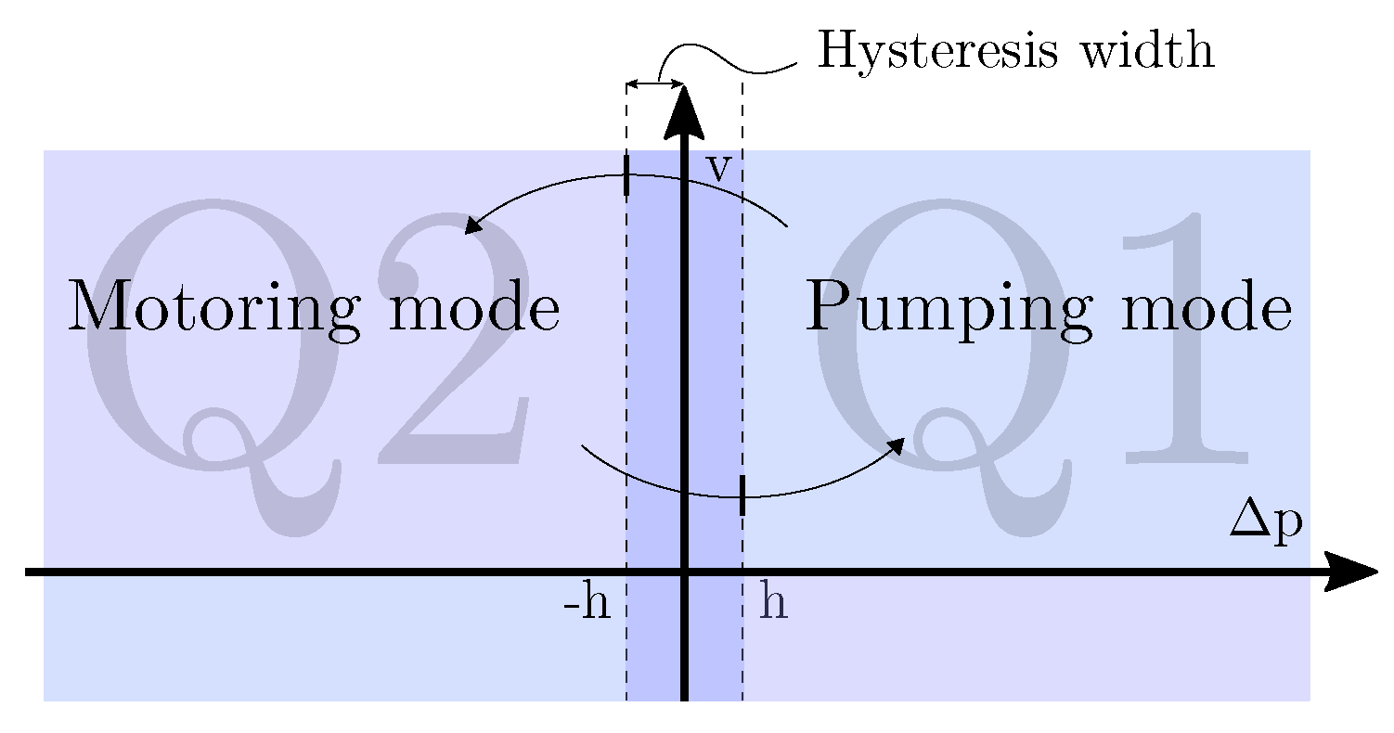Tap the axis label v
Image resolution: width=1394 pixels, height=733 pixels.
[717, 170]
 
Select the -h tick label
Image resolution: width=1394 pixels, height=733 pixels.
[587, 606]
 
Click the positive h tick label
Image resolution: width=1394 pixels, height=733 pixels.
[773, 604]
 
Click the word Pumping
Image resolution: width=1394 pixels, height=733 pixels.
[951, 308]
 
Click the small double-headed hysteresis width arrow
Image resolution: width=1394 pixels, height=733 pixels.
[655, 84]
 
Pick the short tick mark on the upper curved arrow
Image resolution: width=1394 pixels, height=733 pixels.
[627, 175]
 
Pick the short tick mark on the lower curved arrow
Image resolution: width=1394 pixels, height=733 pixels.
[742, 495]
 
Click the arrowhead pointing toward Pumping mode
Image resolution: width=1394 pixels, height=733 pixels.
[897, 446]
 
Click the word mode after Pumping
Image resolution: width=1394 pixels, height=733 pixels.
[1205, 308]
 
